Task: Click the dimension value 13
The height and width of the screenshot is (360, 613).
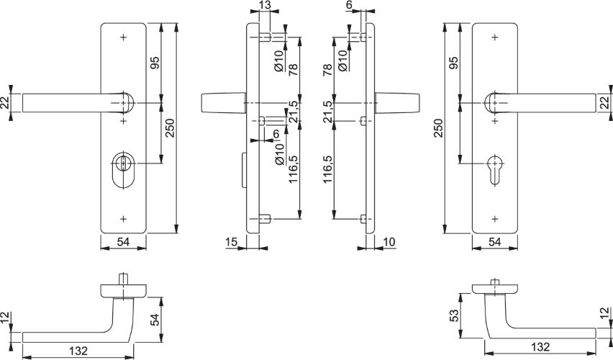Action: [265, 5]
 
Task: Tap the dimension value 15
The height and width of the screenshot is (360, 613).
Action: [231, 242]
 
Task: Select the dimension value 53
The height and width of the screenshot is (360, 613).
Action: [453, 316]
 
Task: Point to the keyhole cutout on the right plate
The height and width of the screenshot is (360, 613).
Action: [494, 169]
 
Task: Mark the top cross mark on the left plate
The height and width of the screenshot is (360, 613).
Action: [124, 37]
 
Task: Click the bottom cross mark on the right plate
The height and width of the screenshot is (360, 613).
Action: [495, 219]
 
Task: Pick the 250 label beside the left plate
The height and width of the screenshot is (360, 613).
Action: [171, 128]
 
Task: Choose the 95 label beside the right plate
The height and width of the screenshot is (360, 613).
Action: [453, 63]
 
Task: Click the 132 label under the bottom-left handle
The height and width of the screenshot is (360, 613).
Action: [78, 351]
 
